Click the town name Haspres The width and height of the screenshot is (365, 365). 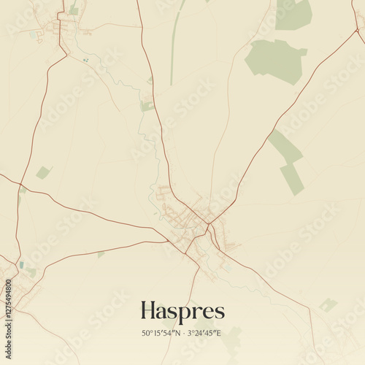182,311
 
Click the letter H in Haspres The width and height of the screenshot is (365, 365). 149,311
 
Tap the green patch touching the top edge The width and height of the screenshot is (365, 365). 293,14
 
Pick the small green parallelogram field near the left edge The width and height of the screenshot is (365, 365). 44,172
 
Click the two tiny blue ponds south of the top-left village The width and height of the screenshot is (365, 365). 86,60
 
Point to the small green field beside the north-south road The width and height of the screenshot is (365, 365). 147,106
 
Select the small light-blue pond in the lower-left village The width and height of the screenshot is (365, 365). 21,265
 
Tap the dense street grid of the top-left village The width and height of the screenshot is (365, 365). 57,28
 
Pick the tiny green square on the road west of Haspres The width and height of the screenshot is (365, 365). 101,254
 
